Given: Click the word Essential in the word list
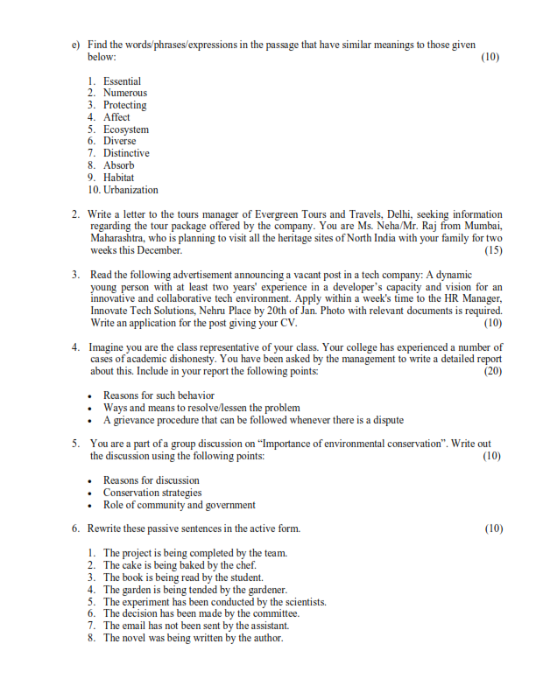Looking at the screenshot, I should pos(122,81).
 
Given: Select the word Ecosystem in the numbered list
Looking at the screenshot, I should pos(126,129).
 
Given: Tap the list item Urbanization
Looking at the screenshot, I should pos(130,190).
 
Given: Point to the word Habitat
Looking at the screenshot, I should pos(119,178).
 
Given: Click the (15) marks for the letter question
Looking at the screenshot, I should pos(493,250).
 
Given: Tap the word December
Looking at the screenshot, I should pos(159,250).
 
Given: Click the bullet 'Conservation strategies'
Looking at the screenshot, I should pos(152,493).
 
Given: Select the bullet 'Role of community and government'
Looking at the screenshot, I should pos(180,505).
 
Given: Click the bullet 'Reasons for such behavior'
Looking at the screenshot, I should pos(159,395).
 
